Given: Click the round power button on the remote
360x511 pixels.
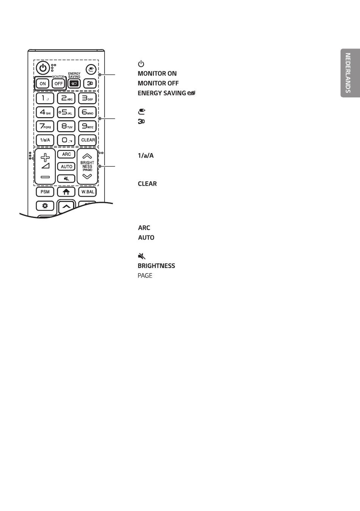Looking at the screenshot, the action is click(43, 68).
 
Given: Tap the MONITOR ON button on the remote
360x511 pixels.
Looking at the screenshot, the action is click(43, 83).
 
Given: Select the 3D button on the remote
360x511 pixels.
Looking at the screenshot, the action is click(90, 83).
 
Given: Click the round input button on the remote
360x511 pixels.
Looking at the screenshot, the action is click(91, 69).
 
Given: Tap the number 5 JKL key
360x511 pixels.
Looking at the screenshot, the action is click(66, 112).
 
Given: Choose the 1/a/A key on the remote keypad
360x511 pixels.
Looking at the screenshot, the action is click(45, 140).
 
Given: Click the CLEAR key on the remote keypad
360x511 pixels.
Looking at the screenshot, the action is click(88, 140).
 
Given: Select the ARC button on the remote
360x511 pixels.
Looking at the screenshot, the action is click(66, 154).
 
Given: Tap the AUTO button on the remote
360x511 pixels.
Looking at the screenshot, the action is click(66, 166).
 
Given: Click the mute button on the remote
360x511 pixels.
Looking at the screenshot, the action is click(66, 179).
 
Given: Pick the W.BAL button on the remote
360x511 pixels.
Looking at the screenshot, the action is click(88, 192).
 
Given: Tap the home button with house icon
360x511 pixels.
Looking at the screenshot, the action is click(66, 192).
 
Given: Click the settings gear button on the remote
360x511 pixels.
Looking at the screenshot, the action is click(45, 206).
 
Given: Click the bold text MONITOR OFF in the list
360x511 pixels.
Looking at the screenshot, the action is click(158, 83).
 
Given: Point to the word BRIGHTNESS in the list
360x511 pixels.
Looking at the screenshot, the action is click(157, 266).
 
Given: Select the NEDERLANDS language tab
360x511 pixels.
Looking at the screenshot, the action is click(350, 73).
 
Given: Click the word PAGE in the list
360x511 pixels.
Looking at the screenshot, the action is click(145, 276).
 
